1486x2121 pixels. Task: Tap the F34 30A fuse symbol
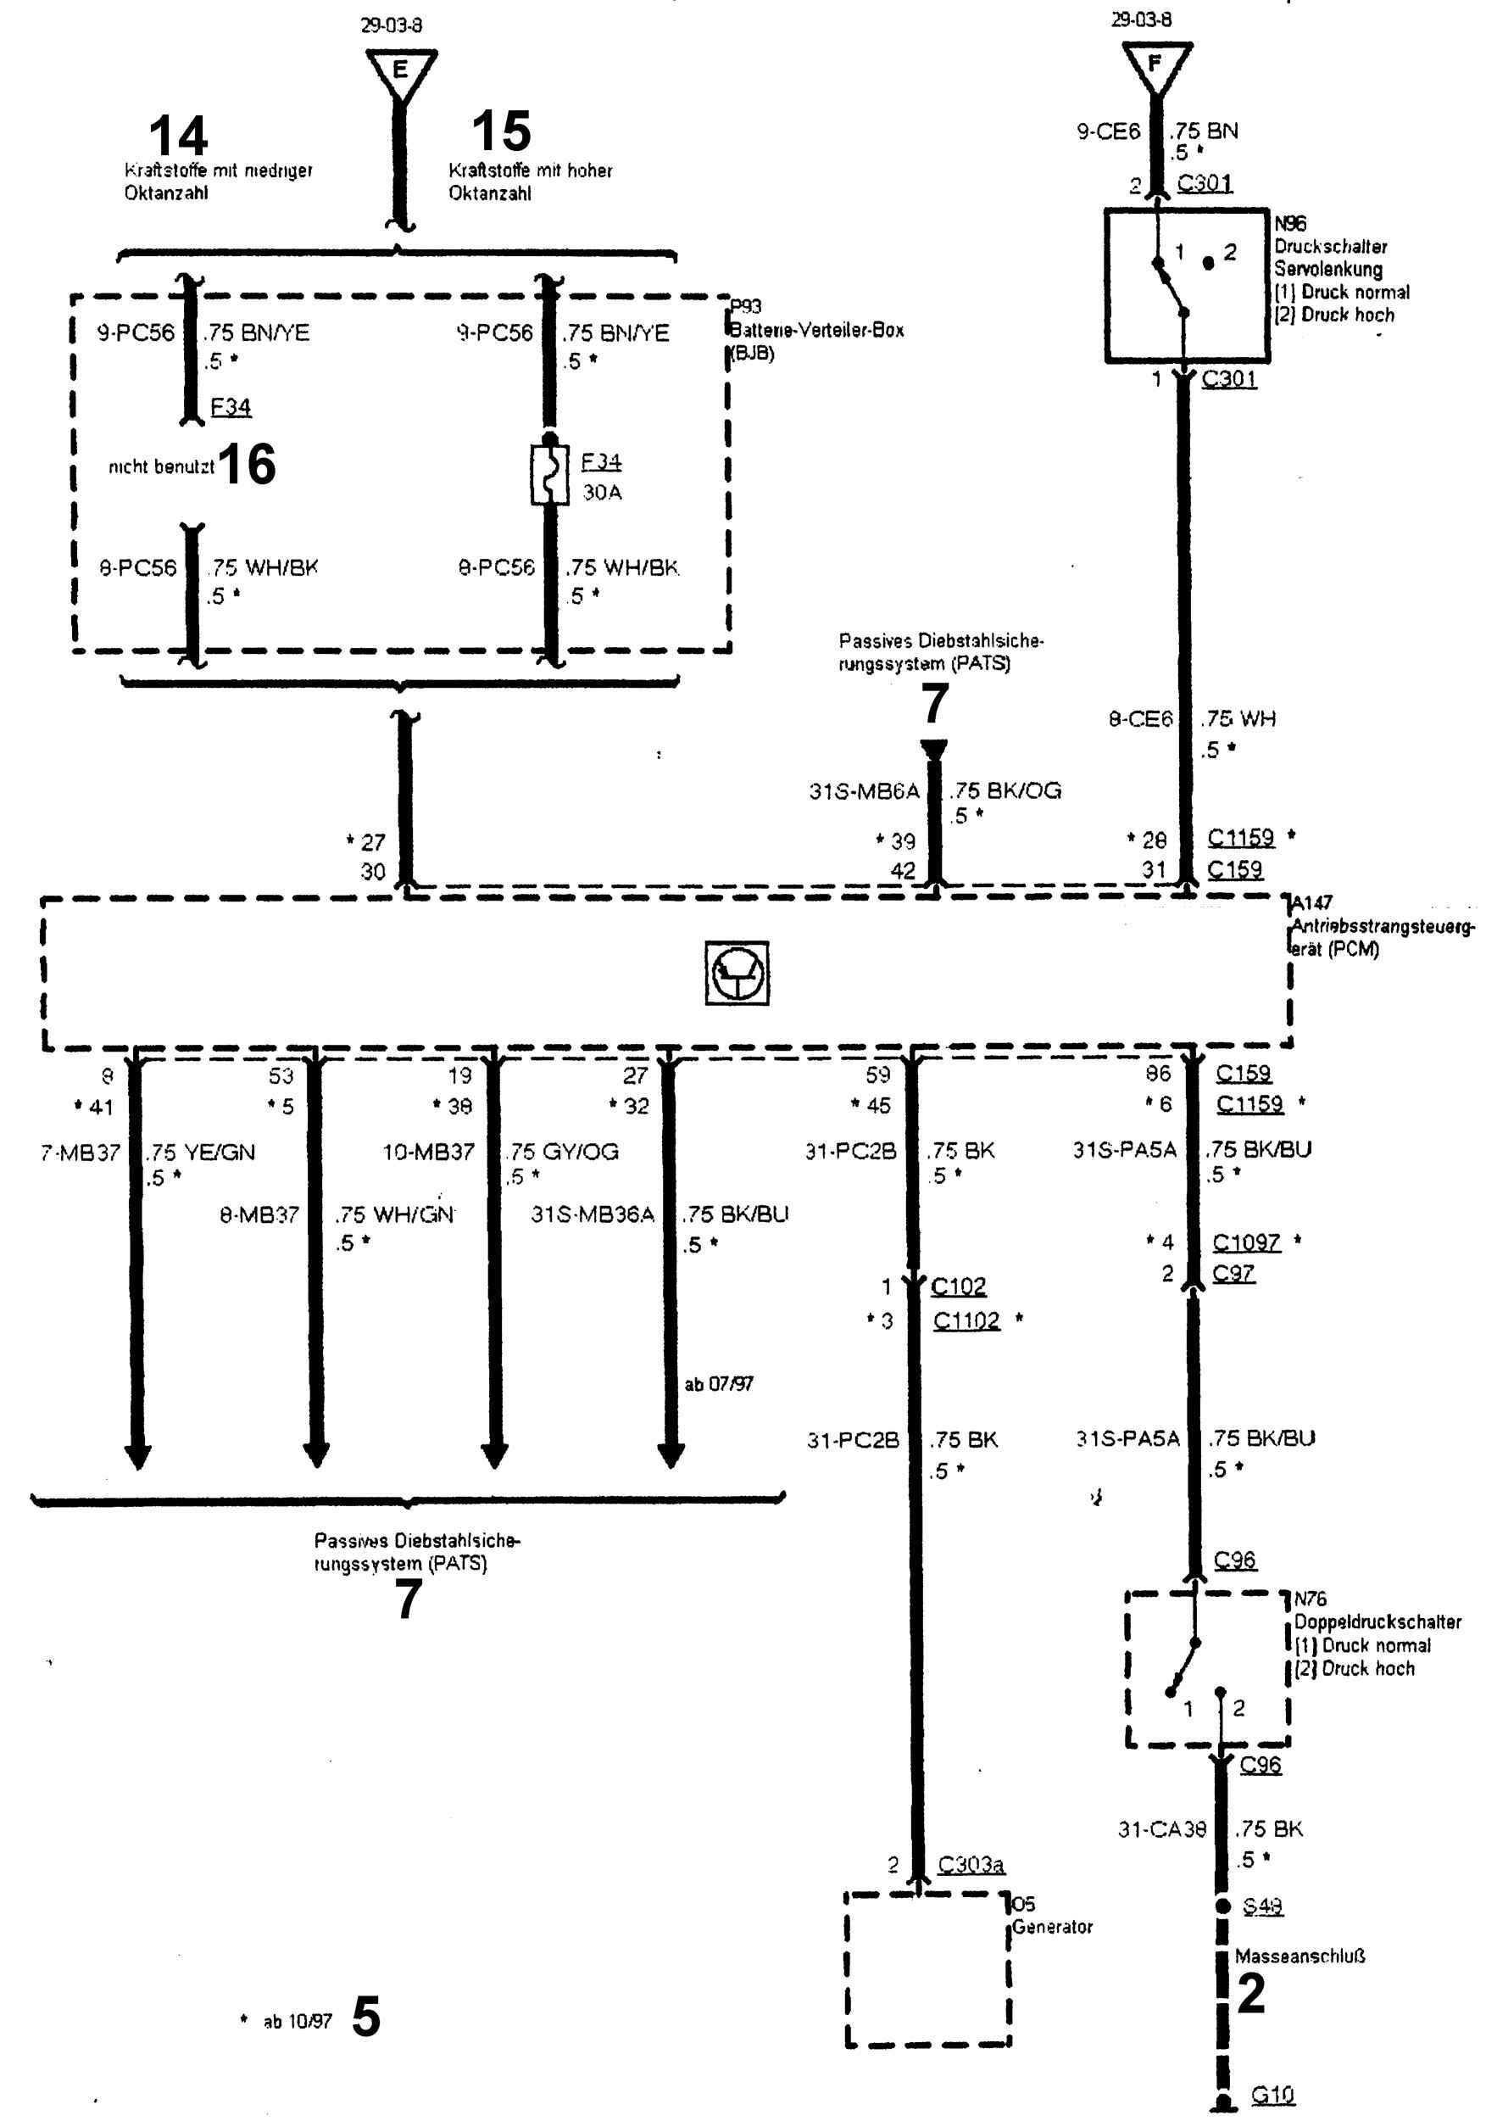pos(549,475)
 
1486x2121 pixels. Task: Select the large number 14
pos(178,136)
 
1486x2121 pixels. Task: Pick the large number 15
pos(502,131)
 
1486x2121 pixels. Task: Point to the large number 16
pos(248,464)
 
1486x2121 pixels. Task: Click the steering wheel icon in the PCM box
pos(737,973)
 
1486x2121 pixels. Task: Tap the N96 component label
pos(1290,224)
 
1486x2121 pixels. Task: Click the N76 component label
pos(1310,1598)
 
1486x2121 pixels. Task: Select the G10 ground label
pos(1272,2094)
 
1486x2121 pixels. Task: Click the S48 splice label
pos(1262,1906)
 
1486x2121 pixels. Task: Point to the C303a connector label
pos(971,1864)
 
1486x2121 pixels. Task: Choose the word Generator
pos(1052,1927)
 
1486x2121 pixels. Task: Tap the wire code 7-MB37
pos(81,1153)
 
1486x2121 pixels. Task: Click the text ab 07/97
pos(719,1383)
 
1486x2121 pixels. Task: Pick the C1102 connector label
pos(966,1320)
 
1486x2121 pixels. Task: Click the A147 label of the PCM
pos(1311,902)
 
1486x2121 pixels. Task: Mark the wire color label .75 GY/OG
pos(563,1151)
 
